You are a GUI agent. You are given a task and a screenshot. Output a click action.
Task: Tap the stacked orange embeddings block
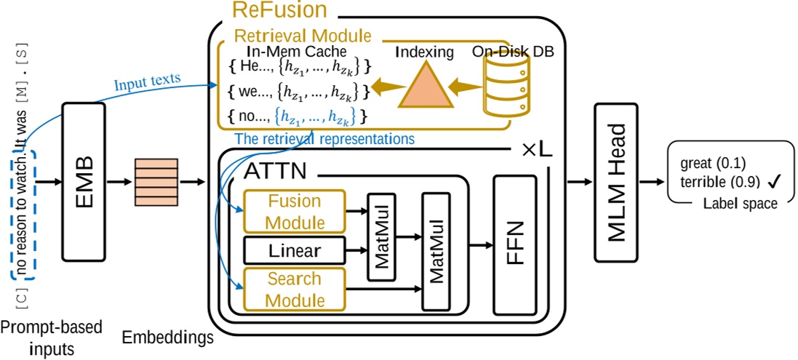[156, 182]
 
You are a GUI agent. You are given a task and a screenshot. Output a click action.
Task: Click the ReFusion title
[279, 9]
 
